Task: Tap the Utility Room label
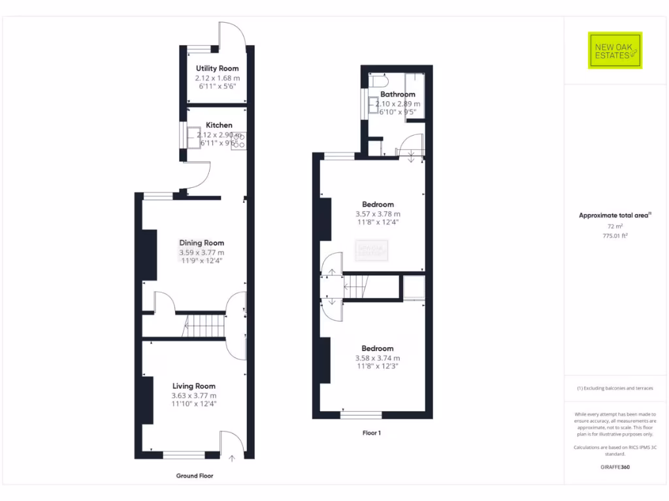[x=217, y=68]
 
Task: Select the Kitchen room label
[x=219, y=125]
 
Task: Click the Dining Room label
[x=201, y=243]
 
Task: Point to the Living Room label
[x=194, y=386]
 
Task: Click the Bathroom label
[x=397, y=95]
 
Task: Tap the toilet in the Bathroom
[x=379, y=82]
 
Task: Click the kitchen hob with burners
[x=238, y=140]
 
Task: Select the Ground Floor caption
[x=194, y=476]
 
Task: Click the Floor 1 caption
[x=371, y=433]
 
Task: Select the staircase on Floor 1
[x=357, y=286]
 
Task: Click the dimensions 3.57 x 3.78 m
[x=378, y=214]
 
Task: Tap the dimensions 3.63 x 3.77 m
[x=194, y=395]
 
